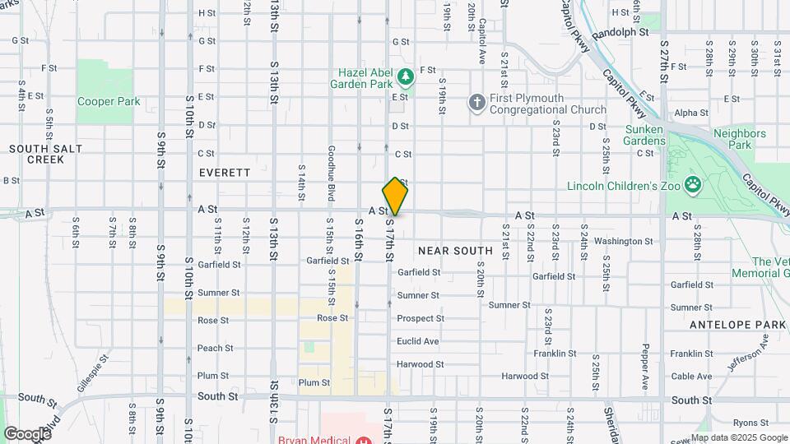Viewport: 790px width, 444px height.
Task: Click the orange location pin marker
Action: pos(395,197)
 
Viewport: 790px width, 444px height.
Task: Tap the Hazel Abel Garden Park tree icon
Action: pos(404,77)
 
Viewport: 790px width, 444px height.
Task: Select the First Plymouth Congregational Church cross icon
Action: pos(476,102)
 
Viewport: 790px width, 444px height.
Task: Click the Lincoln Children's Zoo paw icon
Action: pos(694,184)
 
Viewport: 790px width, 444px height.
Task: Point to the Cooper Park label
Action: pos(109,102)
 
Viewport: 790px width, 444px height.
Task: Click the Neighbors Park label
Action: pos(739,139)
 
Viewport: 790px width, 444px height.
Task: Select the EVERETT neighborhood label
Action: pos(224,173)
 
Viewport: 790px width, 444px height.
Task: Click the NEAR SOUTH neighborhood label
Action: pos(455,250)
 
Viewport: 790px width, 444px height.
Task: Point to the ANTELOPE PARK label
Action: pos(738,325)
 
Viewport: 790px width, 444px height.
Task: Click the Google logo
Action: pos(28,433)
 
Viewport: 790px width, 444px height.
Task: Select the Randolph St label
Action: pos(620,32)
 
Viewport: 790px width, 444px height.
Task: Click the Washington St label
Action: pos(623,241)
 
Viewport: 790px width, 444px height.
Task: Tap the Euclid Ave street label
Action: pos(417,341)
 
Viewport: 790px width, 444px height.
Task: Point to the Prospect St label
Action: pos(420,318)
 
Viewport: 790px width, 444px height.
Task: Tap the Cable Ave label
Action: pos(691,377)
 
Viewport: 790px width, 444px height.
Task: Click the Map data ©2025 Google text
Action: pos(738,437)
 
